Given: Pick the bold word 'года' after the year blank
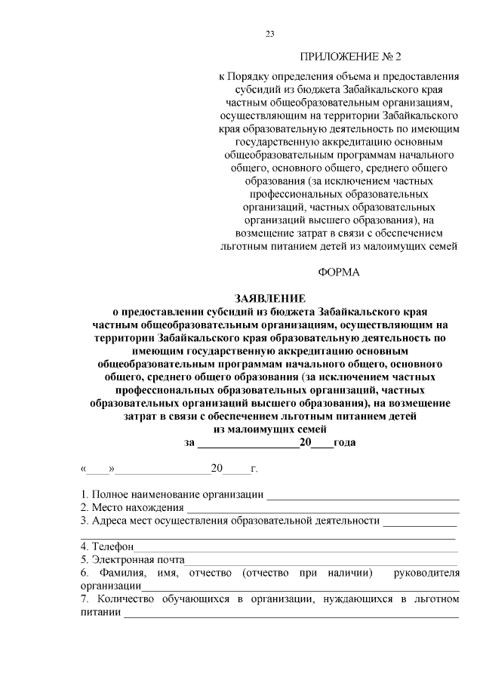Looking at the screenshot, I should click(x=345, y=443).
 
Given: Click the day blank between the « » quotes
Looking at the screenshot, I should click(x=97, y=469).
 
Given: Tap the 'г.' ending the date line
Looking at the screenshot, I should click(x=254, y=469).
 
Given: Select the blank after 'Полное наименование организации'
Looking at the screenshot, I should click(x=363, y=495).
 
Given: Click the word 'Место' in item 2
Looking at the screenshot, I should click(x=106, y=508).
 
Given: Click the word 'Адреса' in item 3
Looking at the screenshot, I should click(x=109, y=521).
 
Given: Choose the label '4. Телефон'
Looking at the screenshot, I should click(x=107, y=546).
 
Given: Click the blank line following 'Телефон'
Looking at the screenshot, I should click(x=295, y=546).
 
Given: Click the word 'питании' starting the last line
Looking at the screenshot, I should click(x=101, y=612).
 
